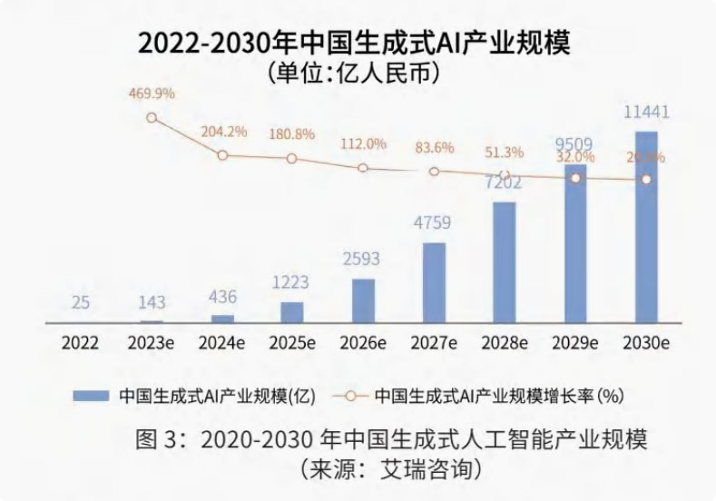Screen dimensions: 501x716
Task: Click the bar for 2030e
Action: point(646,227)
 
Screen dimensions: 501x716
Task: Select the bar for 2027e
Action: point(434,282)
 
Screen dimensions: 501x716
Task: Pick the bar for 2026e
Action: point(363,300)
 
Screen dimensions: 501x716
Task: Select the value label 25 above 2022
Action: point(81,302)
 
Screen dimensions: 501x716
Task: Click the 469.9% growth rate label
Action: point(151,93)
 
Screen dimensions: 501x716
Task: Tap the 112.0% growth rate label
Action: point(363,143)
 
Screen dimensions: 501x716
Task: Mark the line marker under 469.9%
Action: point(152,118)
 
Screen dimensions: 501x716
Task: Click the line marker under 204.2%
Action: point(222,155)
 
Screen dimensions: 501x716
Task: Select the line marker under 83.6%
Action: point(434,172)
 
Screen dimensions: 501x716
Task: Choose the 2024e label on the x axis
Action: point(222,343)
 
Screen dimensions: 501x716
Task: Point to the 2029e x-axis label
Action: point(575,343)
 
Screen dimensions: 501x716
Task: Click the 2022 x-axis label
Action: point(81,343)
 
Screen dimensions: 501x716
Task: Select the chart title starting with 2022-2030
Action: point(358,42)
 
